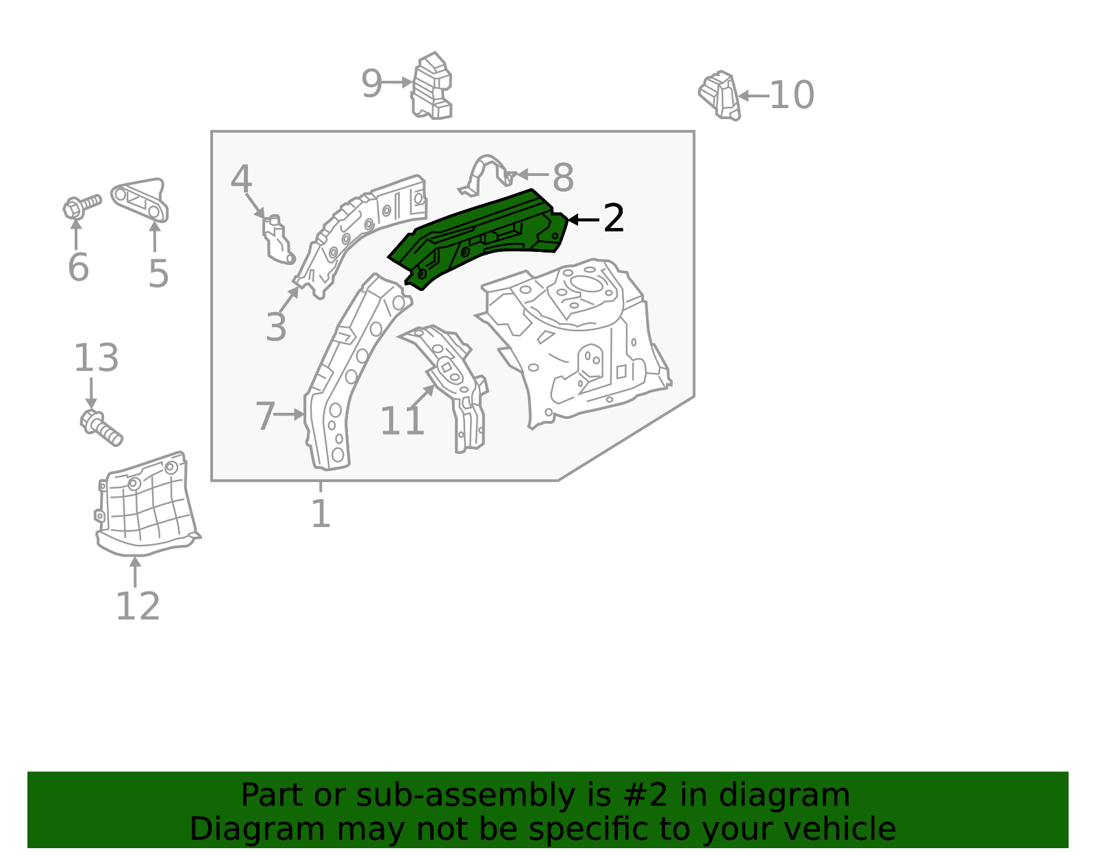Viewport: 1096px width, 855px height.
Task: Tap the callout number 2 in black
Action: click(x=613, y=219)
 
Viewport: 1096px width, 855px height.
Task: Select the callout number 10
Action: click(x=792, y=95)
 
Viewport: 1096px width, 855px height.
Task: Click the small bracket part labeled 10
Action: click(x=720, y=95)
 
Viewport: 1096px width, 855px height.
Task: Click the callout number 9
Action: click(x=371, y=84)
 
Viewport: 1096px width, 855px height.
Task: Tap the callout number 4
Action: click(x=240, y=179)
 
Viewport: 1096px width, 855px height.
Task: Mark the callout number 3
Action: click(x=275, y=327)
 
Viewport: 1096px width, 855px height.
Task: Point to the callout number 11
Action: click(x=402, y=421)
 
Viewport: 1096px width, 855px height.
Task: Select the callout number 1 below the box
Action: click(x=321, y=513)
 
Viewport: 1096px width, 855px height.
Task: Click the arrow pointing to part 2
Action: click(x=583, y=220)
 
